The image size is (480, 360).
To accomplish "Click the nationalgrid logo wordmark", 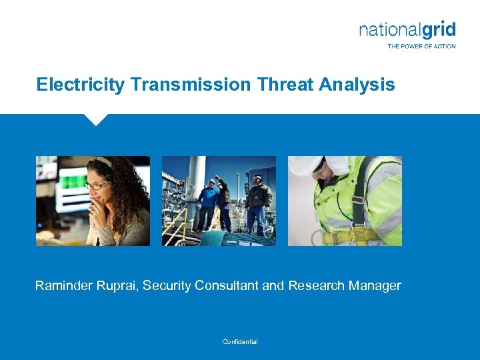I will [x=407, y=30].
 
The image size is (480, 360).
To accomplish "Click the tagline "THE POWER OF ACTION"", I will [x=421, y=46].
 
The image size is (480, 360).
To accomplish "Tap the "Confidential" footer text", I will [x=240, y=342].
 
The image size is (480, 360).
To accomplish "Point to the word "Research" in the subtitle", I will [x=319, y=286].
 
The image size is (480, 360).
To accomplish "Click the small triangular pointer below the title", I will [x=96, y=119].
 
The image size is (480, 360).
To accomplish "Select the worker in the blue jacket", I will [x=209, y=200].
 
